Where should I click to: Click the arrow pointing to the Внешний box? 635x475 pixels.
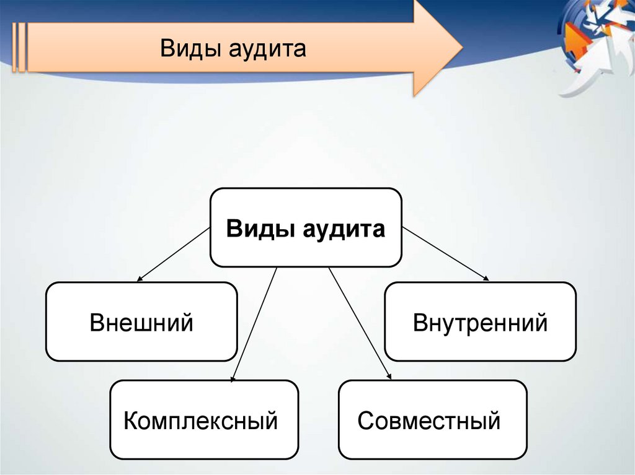(173, 255)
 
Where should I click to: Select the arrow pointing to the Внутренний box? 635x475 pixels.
(446, 255)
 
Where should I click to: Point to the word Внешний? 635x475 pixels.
(141, 323)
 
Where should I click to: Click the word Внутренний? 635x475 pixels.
(480, 323)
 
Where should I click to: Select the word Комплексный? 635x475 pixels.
(200, 421)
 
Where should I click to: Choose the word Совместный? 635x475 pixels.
(429, 421)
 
